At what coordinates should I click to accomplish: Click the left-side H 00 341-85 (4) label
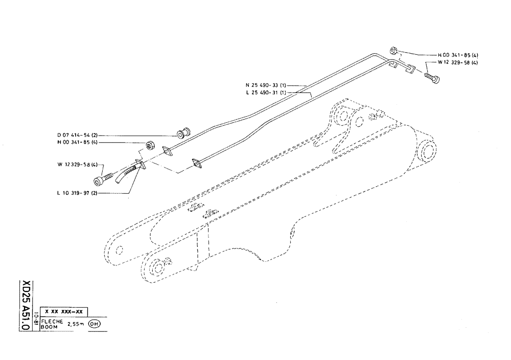(78, 143)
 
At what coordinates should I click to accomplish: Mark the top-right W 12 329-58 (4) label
(457, 62)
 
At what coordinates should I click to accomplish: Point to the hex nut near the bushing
(150, 145)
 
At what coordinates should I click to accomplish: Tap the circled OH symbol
(95, 324)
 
